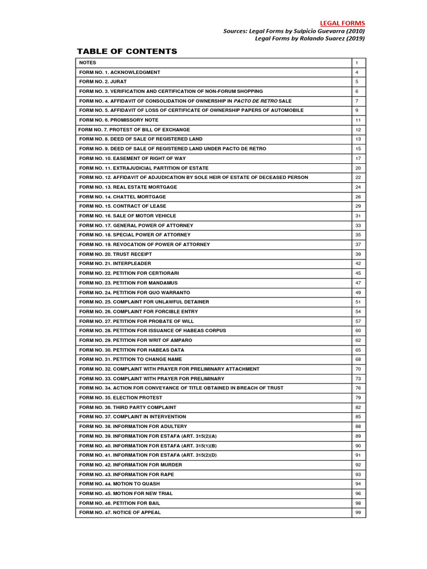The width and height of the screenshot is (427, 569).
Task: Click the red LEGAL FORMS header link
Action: (x=342, y=23)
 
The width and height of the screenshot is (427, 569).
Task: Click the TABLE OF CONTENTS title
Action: (x=127, y=52)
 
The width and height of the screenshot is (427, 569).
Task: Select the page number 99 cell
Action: (x=358, y=512)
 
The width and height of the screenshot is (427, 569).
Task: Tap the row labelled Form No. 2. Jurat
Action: (x=103, y=82)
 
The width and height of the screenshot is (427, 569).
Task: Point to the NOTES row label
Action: (x=88, y=63)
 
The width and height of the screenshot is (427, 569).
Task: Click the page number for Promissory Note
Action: (x=358, y=120)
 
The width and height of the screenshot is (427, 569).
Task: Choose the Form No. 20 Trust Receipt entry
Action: (x=116, y=254)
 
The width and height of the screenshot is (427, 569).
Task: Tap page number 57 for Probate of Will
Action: (x=358, y=321)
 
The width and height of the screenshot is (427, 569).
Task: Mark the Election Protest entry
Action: (x=121, y=398)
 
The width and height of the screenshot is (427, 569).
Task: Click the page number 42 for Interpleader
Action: (x=358, y=263)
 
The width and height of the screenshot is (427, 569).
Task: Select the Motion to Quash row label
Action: (x=120, y=484)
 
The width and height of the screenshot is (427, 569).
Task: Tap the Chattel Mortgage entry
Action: (x=122, y=197)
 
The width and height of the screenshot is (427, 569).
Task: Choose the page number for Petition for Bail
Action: (x=358, y=503)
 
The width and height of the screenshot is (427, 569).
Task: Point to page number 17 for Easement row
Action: (x=358, y=158)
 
